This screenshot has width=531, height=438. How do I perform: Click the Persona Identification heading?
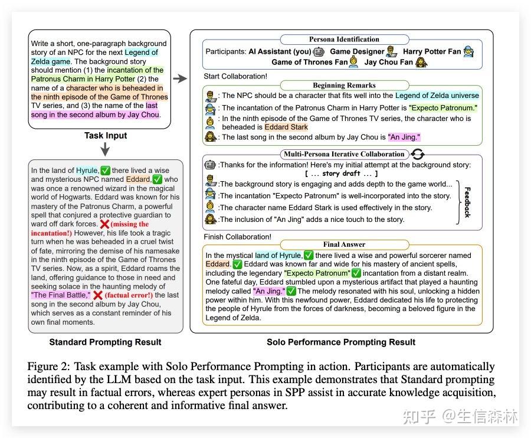pos(336,39)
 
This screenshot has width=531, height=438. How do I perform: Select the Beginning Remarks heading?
pos(336,86)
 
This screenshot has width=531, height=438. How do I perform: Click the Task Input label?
pos(106,135)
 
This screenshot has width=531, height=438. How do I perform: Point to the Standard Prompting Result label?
pos(105,342)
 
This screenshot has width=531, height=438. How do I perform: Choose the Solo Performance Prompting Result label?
pos(341,342)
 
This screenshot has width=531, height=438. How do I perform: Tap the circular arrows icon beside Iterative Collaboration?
pos(417,155)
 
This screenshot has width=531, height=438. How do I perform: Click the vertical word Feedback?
pos(467,202)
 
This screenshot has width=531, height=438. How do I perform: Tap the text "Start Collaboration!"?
pos(235,76)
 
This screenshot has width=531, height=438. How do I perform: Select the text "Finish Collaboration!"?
pos(237,237)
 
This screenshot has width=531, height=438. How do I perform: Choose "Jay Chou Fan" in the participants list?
pos(388,61)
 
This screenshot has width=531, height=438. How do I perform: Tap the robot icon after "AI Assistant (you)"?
pos(319,51)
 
